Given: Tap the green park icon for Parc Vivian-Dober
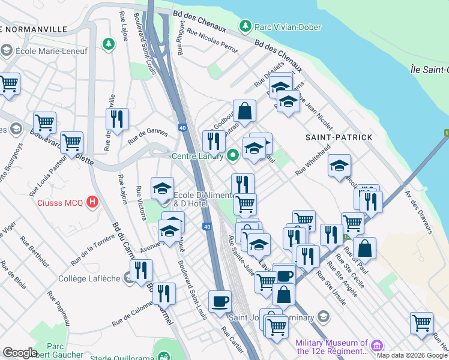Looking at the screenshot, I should (245, 26).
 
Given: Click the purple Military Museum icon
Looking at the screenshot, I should (376, 346).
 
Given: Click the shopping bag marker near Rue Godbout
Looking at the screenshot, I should (244, 111).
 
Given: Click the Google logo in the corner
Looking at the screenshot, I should (20, 353).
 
